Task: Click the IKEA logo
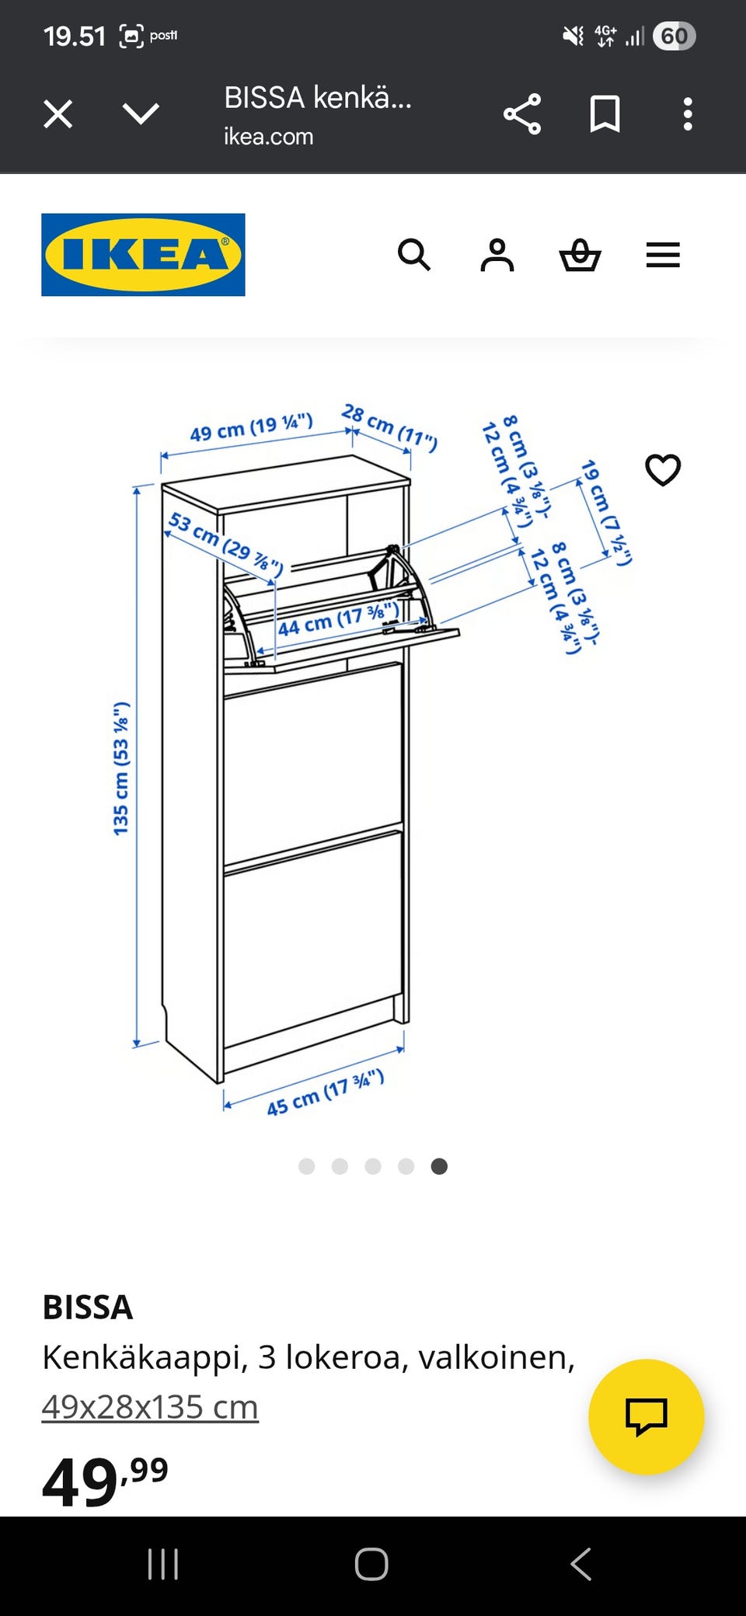click(143, 255)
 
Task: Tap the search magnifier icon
click(414, 255)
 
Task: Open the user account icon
click(497, 255)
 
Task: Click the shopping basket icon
click(580, 255)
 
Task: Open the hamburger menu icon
click(663, 255)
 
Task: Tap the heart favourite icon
click(663, 470)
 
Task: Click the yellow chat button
click(646, 1416)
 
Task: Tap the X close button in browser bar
click(58, 114)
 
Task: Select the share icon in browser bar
click(522, 114)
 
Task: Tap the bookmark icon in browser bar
click(605, 114)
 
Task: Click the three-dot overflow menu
click(687, 114)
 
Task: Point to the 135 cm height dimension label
click(121, 769)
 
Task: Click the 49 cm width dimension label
click(251, 427)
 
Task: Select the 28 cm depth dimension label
click(389, 427)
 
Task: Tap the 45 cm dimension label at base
click(325, 1093)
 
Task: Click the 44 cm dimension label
click(339, 619)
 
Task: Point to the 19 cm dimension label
click(606, 513)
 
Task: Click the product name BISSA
click(88, 1308)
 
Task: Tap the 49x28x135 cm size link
click(150, 1407)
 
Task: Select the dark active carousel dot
click(439, 1166)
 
